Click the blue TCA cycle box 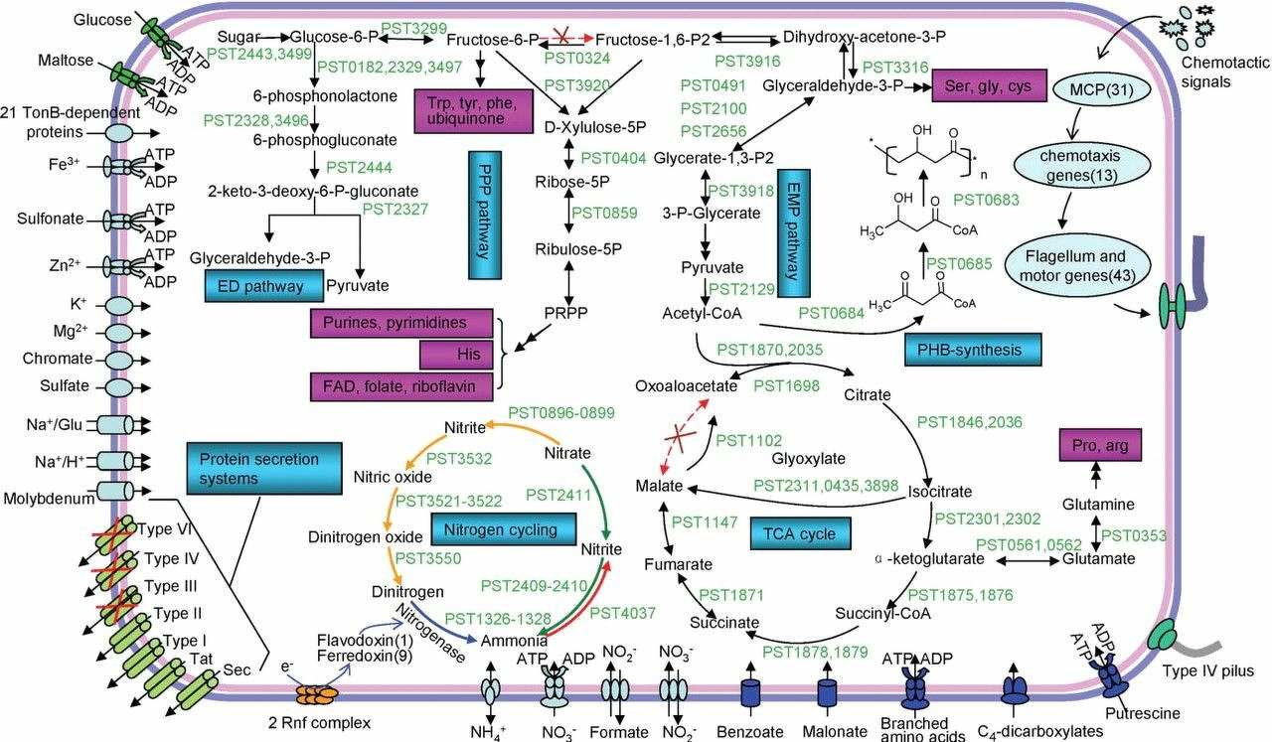click(x=801, y=532)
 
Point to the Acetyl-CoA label click(x=697, y=314)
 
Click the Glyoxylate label click(x=808, y=458)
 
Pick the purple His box click(x=456, y=354)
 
